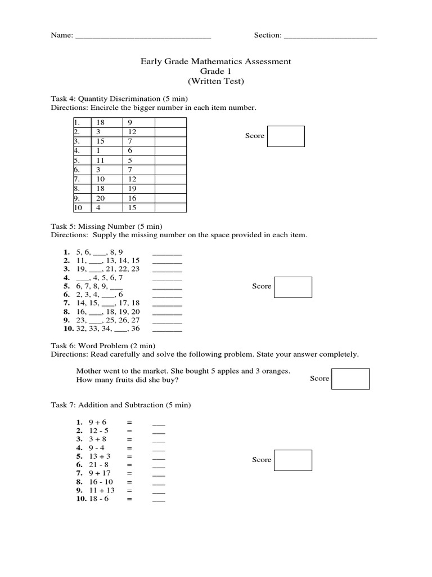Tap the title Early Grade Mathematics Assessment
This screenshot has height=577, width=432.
[x=216, y=61]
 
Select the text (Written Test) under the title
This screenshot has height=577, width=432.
[x=216, y=81]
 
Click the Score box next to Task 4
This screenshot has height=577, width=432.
[x=286, y=136]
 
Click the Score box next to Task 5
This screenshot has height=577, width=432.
[x=293, y=287]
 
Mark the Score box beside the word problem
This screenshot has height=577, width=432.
[x=350, y=379]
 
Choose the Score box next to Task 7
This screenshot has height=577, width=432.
[x=293, y=460]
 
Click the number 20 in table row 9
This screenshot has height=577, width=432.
[x=101, y=198]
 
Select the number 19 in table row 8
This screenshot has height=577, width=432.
[x=133, y=189]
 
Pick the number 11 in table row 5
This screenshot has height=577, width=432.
[x=101, y=160]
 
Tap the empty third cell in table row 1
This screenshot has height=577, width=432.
[x=170, y=122]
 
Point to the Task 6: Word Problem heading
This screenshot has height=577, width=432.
[x=103, y=345]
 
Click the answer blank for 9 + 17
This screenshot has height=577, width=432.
[x=159, y=474]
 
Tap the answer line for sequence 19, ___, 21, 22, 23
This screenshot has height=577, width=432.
[x=167, y=269]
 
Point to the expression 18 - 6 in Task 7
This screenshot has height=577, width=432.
[x=98, y=500]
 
